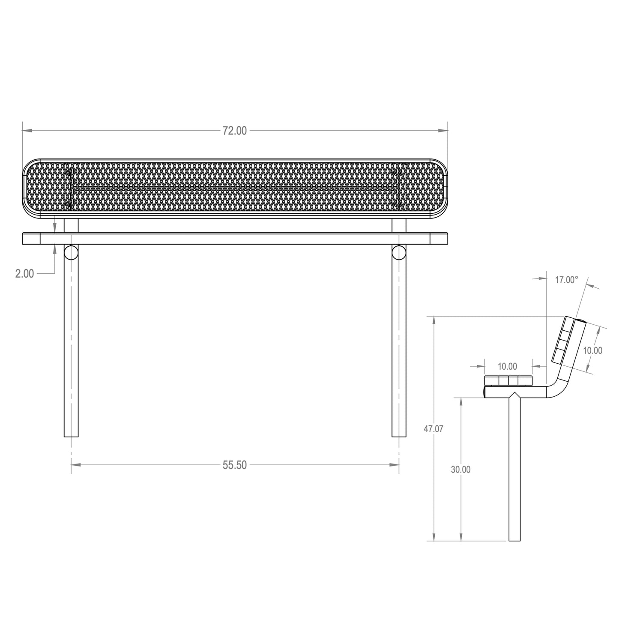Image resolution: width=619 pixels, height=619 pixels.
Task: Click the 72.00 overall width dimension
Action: click(x=235, y=131)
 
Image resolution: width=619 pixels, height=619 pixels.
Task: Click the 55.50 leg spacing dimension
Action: click(x=235, y=465)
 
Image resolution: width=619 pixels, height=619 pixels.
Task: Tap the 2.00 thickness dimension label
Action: click(x=24, y=273)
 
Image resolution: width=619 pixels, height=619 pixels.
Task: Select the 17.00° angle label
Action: click(x=567, y=280)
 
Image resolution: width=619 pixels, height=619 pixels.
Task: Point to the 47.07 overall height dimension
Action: click(x=434, y=428)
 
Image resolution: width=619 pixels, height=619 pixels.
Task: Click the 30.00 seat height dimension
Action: click(x=461, y=469)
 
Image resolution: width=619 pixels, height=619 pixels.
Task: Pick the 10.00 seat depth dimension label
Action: click(x=508, y=366)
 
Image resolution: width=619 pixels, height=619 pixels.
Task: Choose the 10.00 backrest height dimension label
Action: click(x=593, y=350)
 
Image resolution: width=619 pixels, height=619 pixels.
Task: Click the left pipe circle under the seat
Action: click(x=71, y=252)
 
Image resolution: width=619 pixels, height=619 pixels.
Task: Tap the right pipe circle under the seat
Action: click(x=399, y=252)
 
